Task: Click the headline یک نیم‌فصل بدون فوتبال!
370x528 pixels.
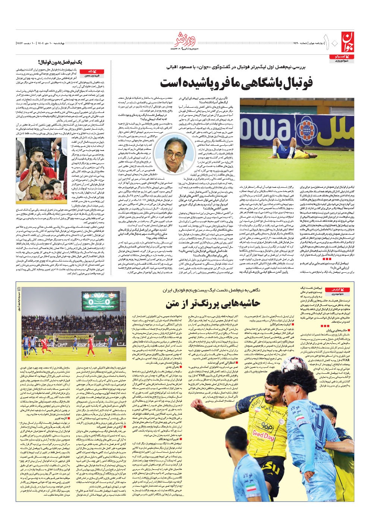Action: coord(60,62)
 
